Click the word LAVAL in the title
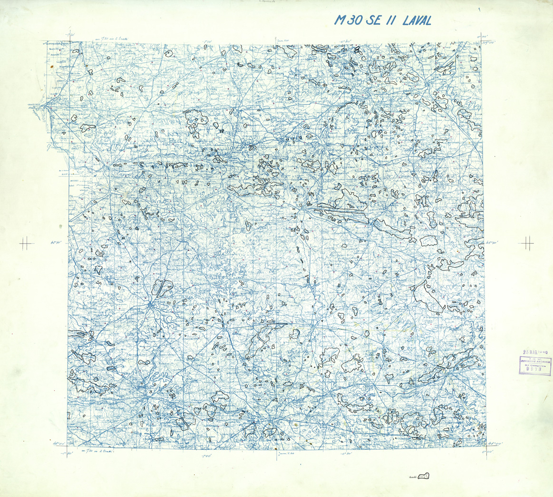[417, 20]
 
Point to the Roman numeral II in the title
[393, 20]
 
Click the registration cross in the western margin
[27, 244]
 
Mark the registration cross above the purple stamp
[527, 244]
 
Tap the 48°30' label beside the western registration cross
[57, 243]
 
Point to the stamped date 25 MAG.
[529, 353]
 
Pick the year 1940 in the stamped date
[543, 353]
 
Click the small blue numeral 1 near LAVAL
[479, 9]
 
